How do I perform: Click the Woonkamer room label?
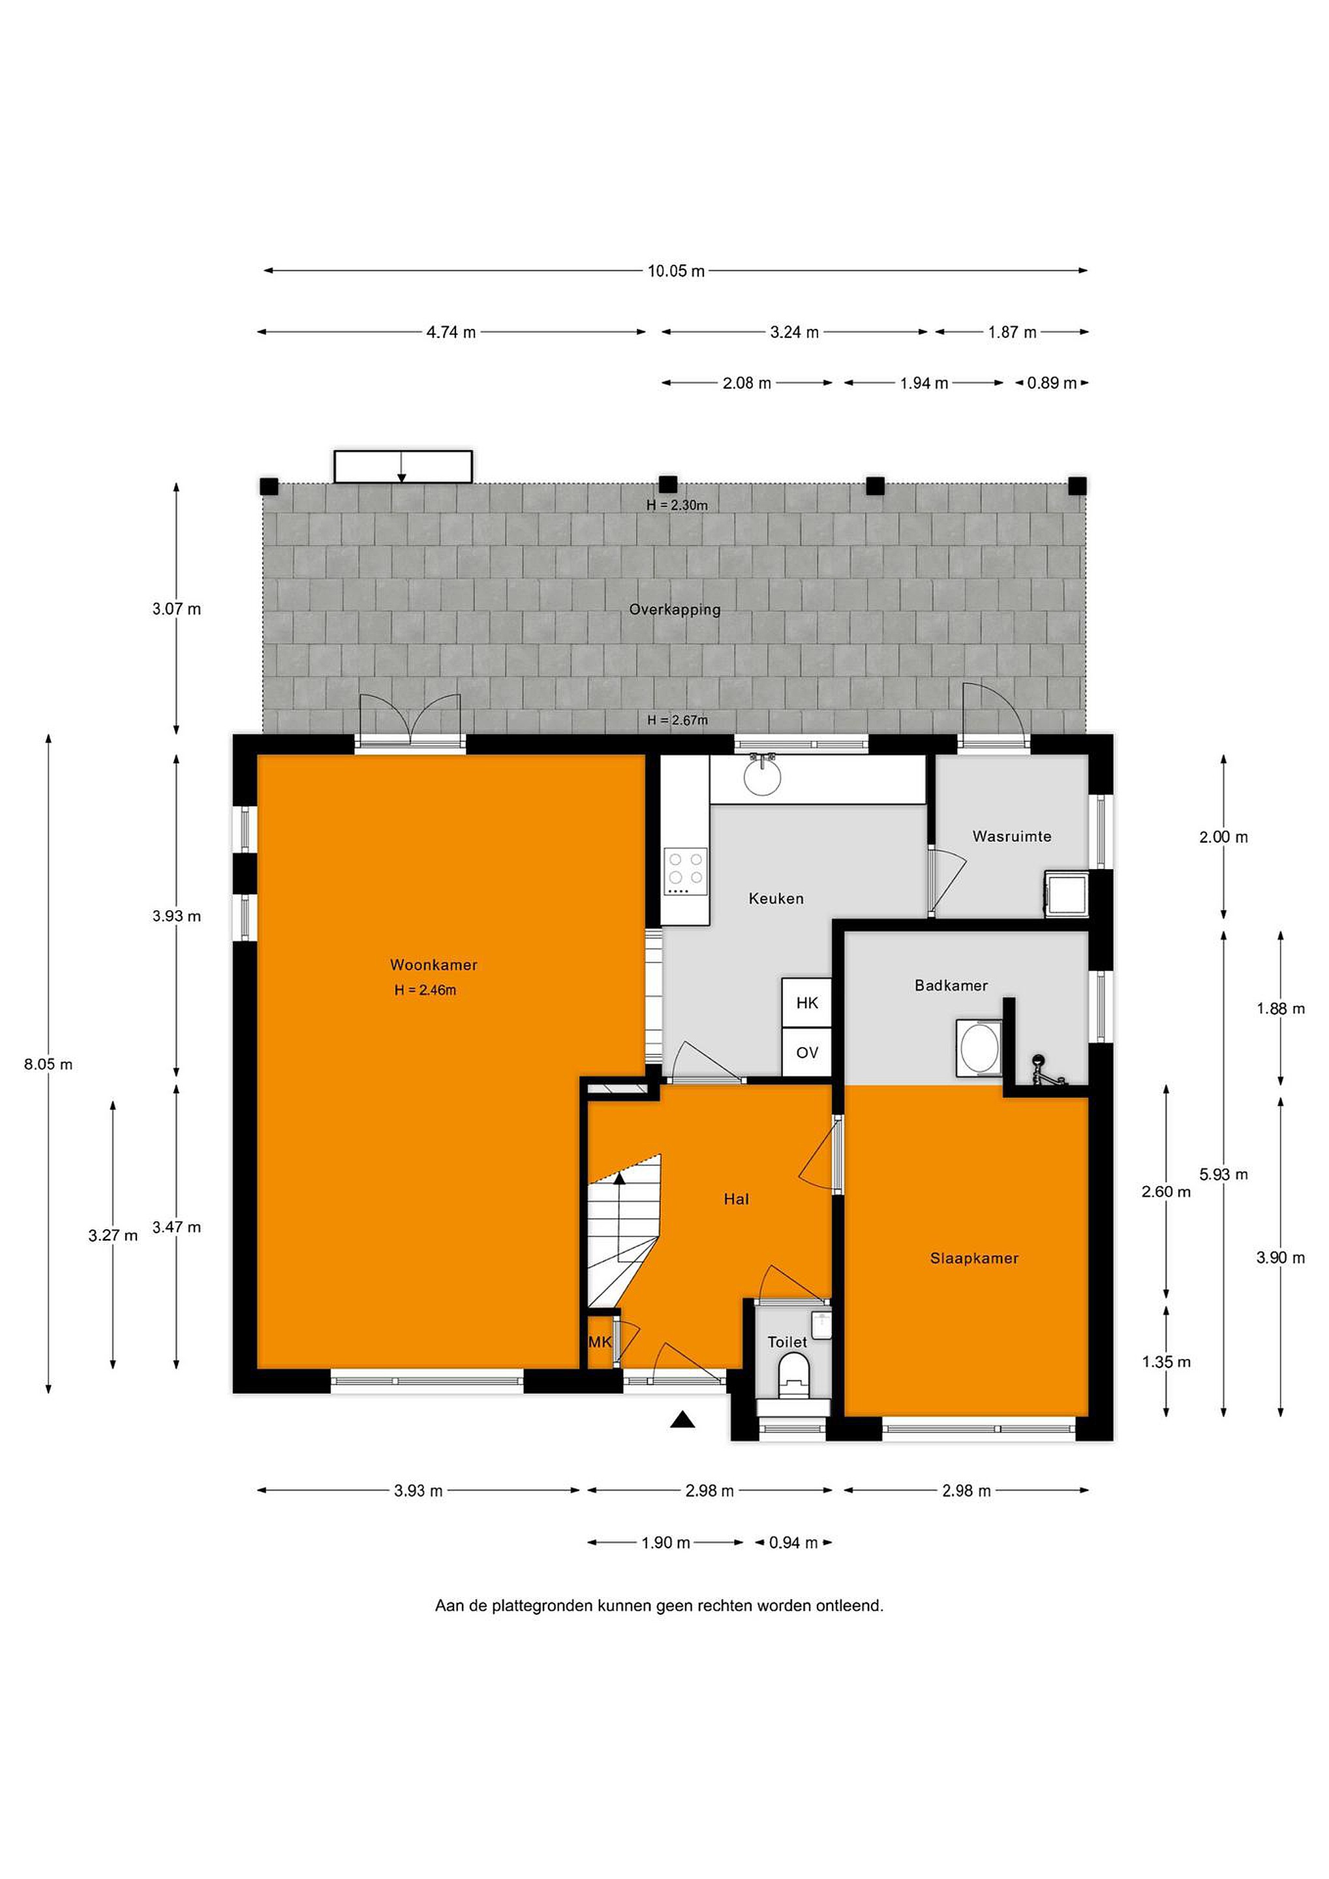click(x=433, y=965)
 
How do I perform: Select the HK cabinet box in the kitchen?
click(x=807, y=1003)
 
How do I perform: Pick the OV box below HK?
click(x=807, y=1052)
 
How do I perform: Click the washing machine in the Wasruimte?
click(x=1066, y=894)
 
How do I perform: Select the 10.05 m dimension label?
click(x=676, y=271)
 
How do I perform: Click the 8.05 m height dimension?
click(x=48, y=1064)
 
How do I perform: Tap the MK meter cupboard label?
click(x=600, y=1342)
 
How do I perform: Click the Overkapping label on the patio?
click(x=675, y=609)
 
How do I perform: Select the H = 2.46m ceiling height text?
click(x=425, y=990)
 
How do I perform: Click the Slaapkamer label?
click(x=975, y=1259)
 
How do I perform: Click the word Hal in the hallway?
click(x=737, y=1200)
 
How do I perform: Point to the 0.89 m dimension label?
click(x=1052, y=383)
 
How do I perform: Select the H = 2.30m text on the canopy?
click(x=677, y=506)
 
